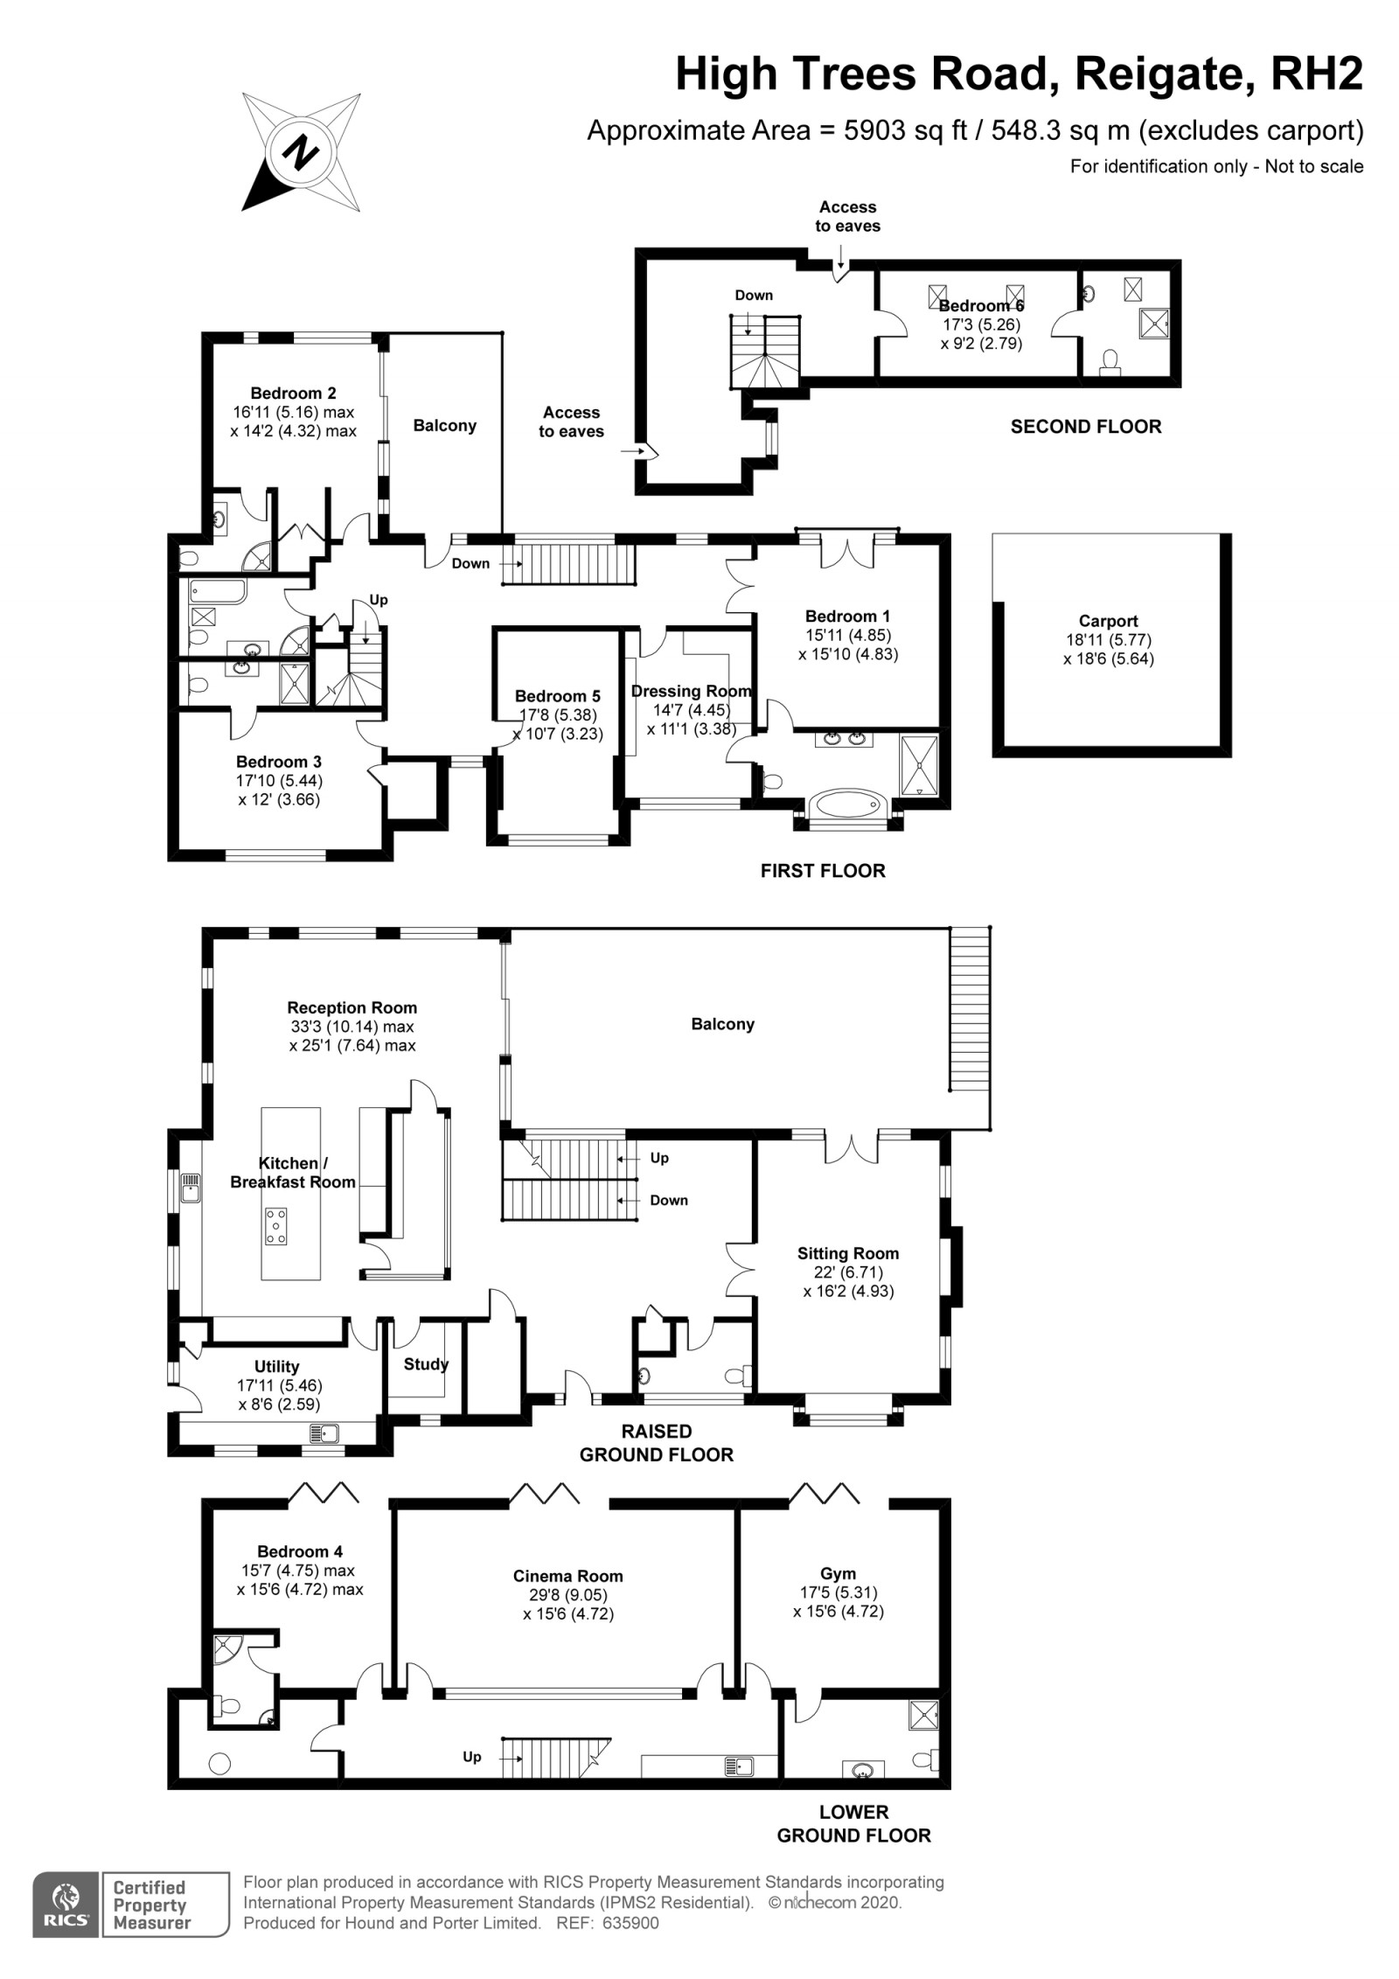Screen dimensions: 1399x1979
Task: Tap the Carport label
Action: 1108,621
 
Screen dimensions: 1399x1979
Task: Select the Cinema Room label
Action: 567,1576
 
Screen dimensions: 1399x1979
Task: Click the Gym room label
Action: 838,1573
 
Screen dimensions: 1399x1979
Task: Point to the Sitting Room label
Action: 847,1252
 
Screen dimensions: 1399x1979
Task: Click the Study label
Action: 426,1363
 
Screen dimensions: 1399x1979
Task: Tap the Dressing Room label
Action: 691,691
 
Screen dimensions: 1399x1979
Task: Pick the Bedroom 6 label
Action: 981,305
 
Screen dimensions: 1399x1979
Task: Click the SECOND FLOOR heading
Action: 1086,427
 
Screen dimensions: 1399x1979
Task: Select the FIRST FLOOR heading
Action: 823,870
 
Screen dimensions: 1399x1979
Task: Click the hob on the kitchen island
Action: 276,1225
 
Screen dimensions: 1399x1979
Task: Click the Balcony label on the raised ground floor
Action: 722,1024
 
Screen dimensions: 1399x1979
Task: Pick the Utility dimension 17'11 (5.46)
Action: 280,1385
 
